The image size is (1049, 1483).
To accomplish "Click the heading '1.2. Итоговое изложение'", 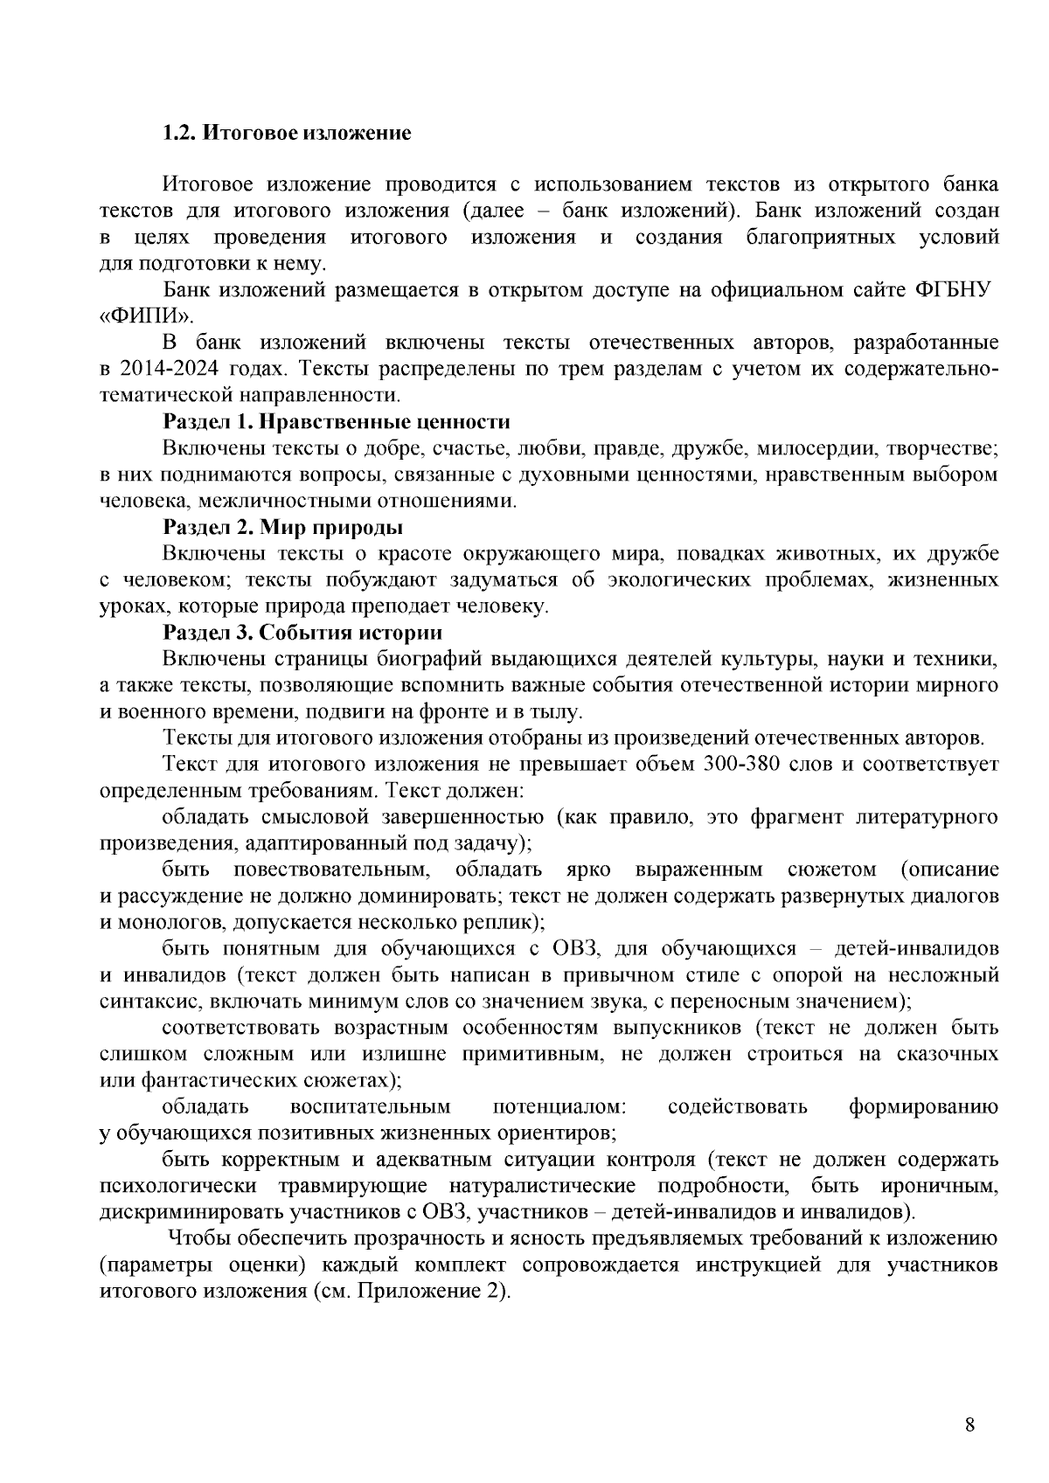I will [x=287, y=134].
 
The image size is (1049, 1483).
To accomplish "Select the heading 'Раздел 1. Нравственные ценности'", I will [x=337, y=422].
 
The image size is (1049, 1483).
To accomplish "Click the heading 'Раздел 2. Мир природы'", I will [x=283, y=528].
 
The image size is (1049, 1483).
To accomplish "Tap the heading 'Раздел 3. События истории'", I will [x=302, y=633].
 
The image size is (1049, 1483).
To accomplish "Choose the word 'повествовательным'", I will [x=332, y=870].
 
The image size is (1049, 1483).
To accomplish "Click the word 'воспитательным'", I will [x=371, y=1107].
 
